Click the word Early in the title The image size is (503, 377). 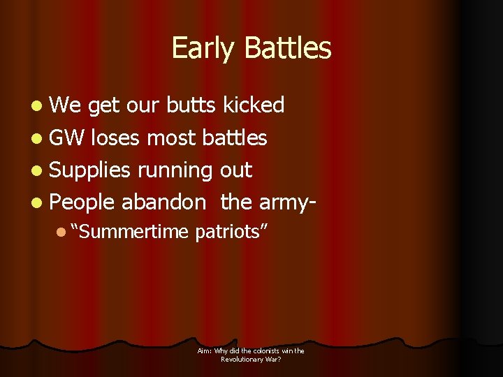point(196,49)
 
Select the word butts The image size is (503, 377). point(191,105)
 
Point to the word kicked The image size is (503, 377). point(253,105)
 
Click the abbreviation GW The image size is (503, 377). point(68,138)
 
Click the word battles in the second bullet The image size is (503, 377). point(234,138)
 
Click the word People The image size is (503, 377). point(82,202)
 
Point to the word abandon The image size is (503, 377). point(163,202)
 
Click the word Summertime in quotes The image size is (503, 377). point(130,232)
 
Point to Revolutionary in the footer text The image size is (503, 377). point(244,359)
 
